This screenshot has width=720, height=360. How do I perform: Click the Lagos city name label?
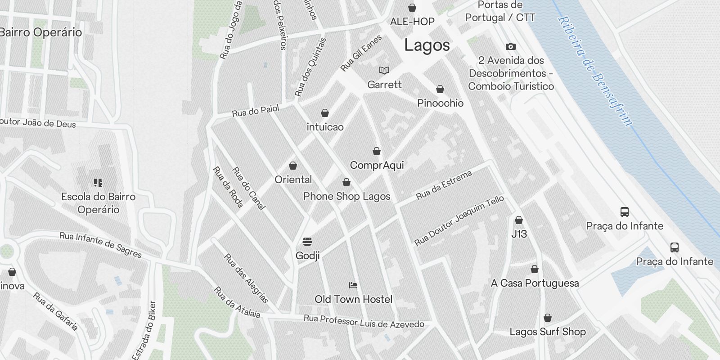tap(427, 45)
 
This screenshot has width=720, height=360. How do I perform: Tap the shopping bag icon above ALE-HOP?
tap(412, 8)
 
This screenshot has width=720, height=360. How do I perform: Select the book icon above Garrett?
tap(384, 70)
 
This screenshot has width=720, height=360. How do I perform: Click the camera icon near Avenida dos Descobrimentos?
tap(510, 46)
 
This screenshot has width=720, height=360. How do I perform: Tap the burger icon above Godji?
tap(307, 242)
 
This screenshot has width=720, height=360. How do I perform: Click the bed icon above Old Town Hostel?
tap(353, 285)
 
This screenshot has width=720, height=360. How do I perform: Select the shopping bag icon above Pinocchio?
tap(440, 89)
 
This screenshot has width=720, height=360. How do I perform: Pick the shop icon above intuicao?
tap(325, 112)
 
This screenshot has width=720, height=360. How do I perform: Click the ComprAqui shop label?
tap(377, 165)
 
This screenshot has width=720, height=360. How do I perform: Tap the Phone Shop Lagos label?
tap(346, 196)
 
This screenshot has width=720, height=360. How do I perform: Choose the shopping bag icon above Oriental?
tap(293, 166)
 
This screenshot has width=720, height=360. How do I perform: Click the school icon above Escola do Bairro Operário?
tap(98, 182)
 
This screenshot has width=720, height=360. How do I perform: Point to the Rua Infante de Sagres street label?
tap(100, 245)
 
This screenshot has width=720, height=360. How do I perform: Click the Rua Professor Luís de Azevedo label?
tap(364, 321)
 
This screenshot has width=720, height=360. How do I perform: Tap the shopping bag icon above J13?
tap(519, 220)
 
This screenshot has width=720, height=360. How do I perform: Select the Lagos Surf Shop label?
tap(547, 332)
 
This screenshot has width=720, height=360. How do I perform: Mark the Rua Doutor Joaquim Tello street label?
tap(459, 221)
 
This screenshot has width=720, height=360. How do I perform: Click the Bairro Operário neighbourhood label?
tap(41, 32)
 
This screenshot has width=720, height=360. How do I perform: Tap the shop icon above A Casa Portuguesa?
tap(535, 269)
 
